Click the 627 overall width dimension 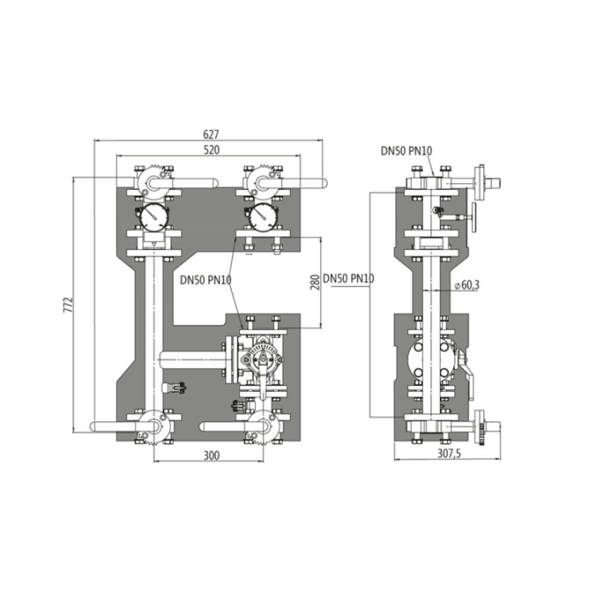[211, 135]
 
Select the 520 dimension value [211, 150]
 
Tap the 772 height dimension [68, 304]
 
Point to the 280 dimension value [315, 282]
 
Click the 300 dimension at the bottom [211, 455]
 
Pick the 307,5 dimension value [449, 454]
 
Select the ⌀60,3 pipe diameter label [467, 285]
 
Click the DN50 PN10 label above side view [406, 150]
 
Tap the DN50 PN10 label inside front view [206, 280]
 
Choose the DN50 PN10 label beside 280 [349, 278]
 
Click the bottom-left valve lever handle [125, 426]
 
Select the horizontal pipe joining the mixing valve [192, 360]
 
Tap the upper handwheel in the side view [474, 217]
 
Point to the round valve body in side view [431, 359]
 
